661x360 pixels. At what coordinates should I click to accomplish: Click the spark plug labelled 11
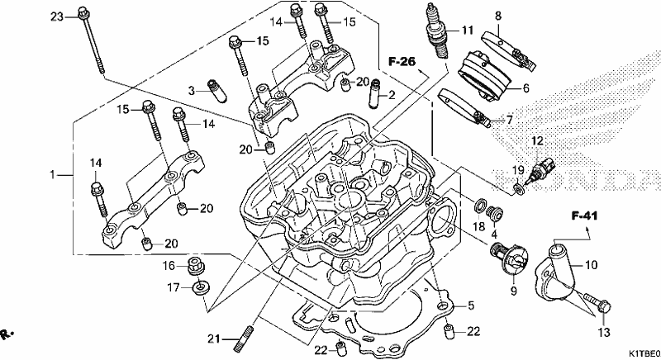[436, 31]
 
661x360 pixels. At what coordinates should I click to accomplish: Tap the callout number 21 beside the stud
[214, 339]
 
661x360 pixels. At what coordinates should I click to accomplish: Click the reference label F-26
[402, 62]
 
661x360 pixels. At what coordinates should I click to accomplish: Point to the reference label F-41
[584, 216]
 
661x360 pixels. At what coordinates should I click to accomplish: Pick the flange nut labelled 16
[197, 265]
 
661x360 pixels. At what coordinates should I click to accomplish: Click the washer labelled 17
[201, 287]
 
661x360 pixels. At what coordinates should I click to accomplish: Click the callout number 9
[513, 291]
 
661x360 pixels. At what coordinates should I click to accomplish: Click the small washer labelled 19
[519, 188]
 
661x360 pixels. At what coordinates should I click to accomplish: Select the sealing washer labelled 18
[480, 206]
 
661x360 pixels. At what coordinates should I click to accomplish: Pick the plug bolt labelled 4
[494, 213]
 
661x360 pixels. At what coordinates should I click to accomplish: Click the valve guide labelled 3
[217, 91]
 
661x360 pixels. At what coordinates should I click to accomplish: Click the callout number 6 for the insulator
[525, 88]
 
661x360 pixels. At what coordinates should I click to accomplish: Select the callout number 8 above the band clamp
[498, 17]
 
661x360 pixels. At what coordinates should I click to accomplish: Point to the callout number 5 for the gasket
[470, 306]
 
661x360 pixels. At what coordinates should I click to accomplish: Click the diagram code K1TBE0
[644, 353]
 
